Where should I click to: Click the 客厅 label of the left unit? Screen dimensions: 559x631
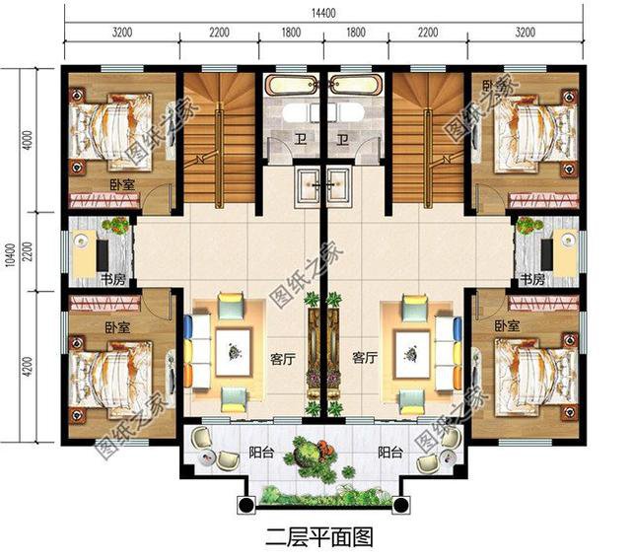pyautogui.click(x=281, y=360)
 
